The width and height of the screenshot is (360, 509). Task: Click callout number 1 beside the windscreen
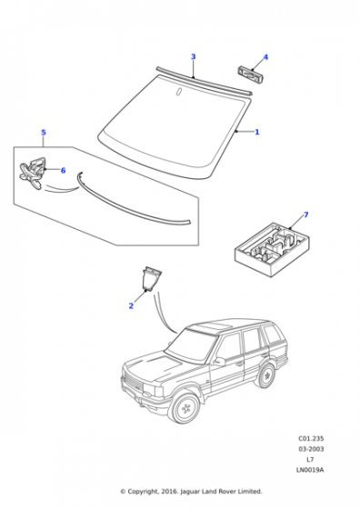257,132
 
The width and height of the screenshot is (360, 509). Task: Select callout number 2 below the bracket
131,305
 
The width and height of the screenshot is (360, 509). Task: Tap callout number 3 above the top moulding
193,56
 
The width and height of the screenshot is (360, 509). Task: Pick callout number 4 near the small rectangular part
265,57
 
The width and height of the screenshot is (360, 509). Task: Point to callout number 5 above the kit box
44,133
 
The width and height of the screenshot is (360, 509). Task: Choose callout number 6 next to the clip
63,171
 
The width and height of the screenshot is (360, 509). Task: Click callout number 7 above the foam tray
305,215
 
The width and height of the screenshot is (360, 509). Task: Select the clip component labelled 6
32,173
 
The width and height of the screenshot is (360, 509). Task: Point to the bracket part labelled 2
151,278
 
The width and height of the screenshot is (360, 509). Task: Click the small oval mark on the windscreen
178,92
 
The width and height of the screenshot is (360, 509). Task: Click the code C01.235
311,438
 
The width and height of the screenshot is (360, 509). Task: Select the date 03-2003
311,449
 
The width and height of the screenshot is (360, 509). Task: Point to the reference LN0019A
310,470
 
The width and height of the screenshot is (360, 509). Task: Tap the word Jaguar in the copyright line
190,492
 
